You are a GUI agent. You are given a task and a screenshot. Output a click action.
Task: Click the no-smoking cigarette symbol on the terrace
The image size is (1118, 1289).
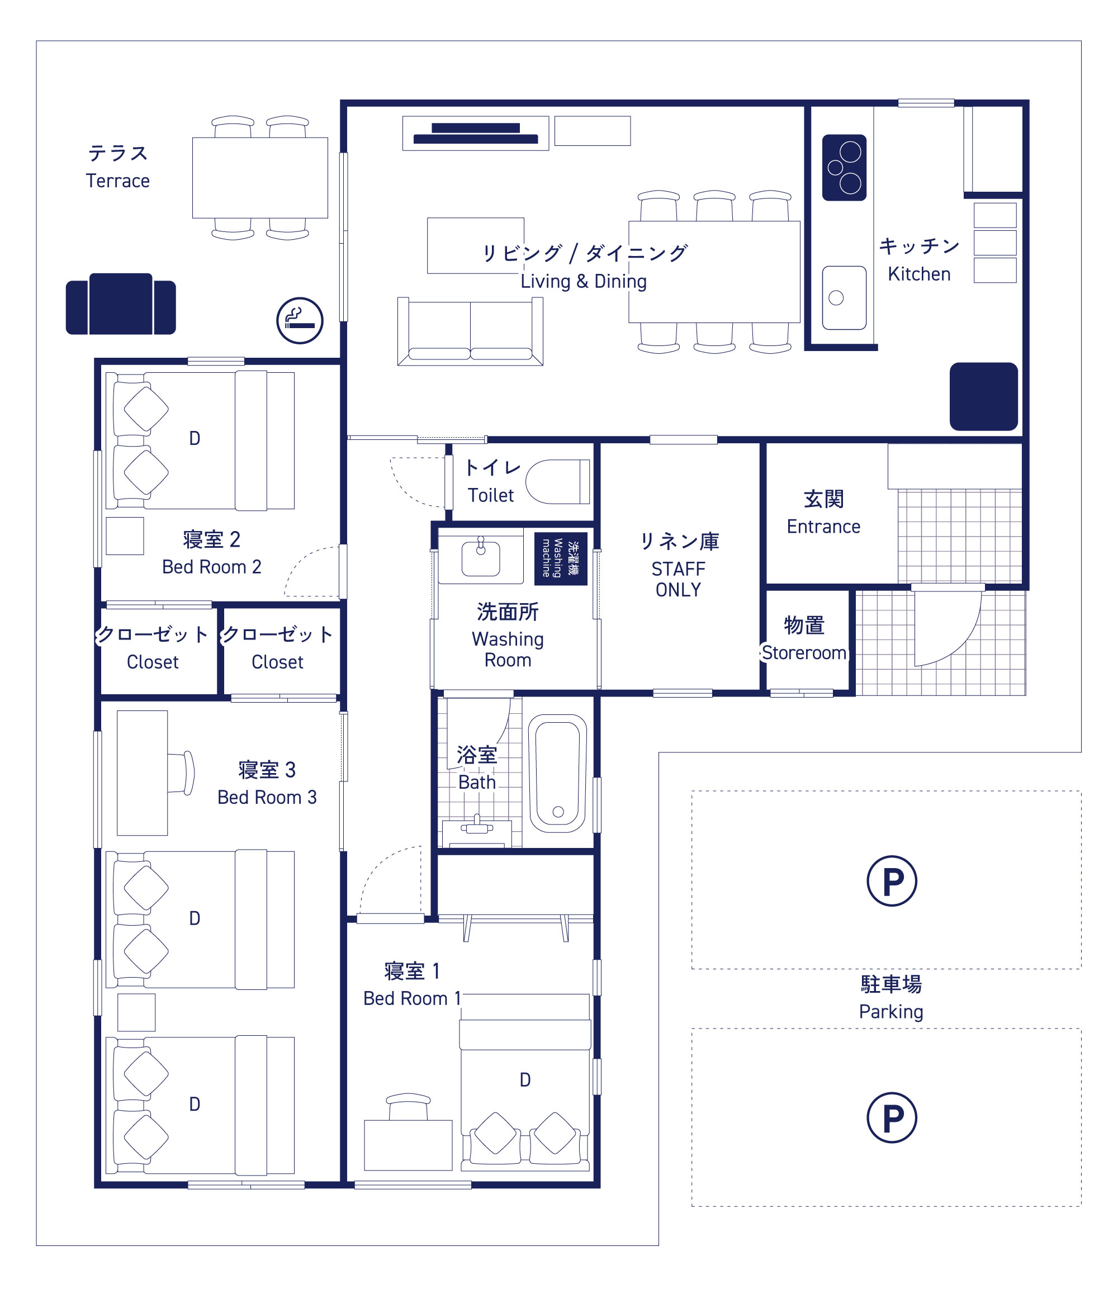pyautogui.click(x=300, y=320)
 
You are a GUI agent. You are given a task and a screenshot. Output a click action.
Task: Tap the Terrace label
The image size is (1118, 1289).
pyautogui.click(x=118, y=181)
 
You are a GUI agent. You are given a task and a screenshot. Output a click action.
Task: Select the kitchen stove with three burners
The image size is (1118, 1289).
pyautogui.click(x=844, y=167)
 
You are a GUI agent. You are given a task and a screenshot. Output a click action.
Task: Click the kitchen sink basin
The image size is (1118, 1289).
pyautogui.click(x=844, y=297)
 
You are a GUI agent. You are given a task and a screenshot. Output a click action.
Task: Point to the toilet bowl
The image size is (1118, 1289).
pyautogui.click(x=557, y=482)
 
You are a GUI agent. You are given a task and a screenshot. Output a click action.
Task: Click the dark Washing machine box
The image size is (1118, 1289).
pyautogui.click(x=560, y=558)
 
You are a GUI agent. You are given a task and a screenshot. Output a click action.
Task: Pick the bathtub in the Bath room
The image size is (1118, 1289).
pyautogui.click(x=558, y=773)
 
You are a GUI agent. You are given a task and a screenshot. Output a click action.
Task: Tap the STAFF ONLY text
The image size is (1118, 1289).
pyautogui.click(x=678, y=579)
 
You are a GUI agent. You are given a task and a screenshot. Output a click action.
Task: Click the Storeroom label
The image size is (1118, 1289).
pyautogui.click(x=804, y=653)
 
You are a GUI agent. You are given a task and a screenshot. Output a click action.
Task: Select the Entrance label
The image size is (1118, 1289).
pyautogui.click(x=823, y=527)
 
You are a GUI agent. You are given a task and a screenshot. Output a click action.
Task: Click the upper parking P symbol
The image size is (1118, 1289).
pyautogui.click(x=892, y=880)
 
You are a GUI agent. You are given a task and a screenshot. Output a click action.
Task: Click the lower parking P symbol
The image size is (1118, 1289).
pyautogui.click(x=892, y=1117)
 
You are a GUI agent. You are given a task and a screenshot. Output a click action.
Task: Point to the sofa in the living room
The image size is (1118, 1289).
pyautogui.click(x=471, y=331)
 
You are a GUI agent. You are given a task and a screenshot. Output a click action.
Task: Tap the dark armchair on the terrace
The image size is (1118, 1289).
pyautogui.click(x=121, y=304)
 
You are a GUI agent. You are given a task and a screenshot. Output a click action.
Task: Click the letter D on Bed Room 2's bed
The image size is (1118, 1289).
pyautogui.click(x=195, y=439)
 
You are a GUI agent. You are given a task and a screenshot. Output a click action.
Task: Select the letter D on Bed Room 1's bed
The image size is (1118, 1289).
pyautogui.click(x=525, y=1080)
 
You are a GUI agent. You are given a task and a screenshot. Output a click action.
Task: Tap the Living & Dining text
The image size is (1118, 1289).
pyautogui.click(x=584, y=281)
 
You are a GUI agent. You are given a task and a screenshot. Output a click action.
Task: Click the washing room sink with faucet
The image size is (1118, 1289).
pyautogui.click(x=480, y=557)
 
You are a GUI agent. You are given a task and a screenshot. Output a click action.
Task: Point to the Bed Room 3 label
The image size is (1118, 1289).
pyautogui.click(x=267, y=797)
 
